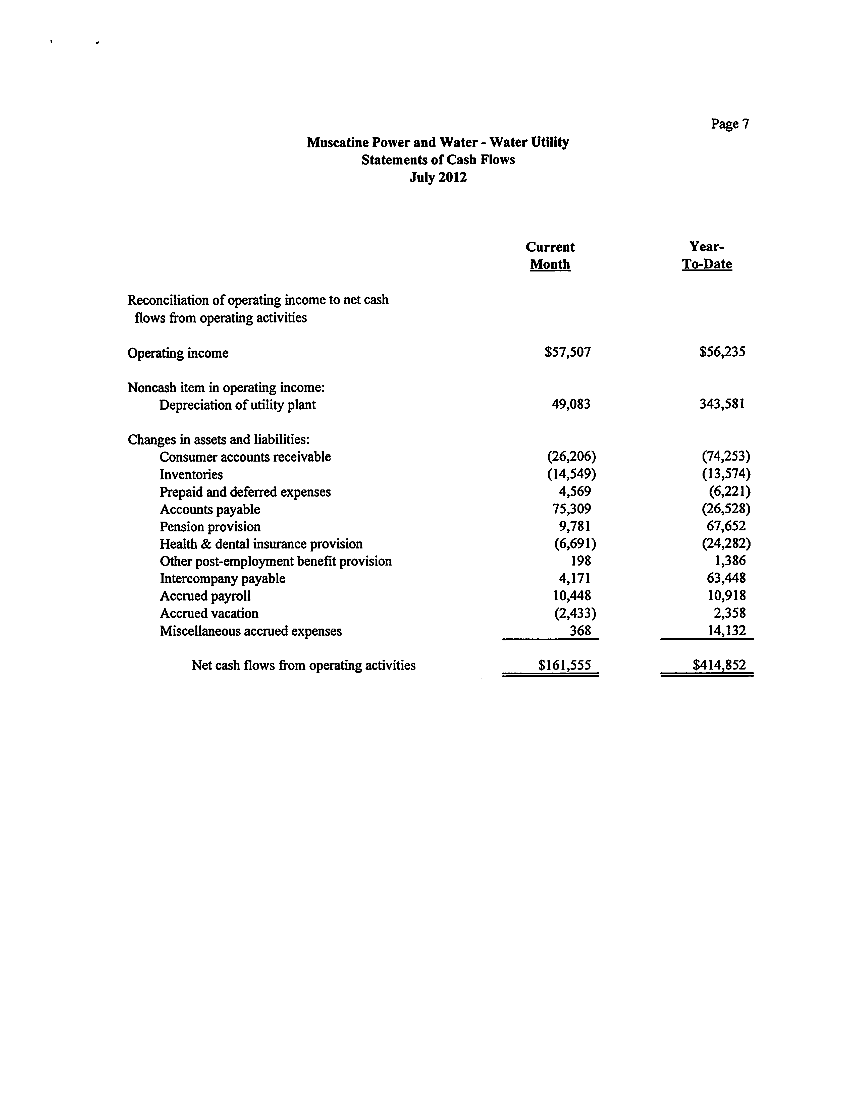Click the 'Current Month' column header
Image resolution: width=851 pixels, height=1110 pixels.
coord(550,256)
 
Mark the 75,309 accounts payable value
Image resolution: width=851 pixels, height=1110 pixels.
coord(572,509)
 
